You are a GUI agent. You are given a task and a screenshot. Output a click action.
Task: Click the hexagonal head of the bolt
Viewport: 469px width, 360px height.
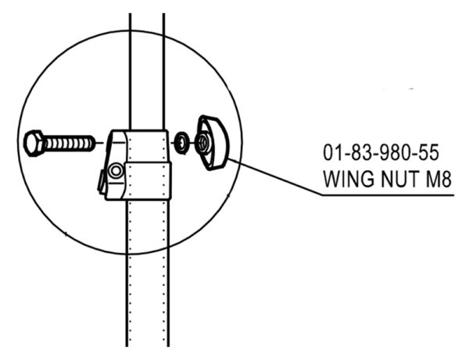pos(34,143)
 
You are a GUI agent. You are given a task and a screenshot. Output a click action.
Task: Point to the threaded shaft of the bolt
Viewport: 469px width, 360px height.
pos(69,143)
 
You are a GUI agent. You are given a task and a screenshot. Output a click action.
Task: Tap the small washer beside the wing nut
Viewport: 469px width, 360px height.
pos(181,143)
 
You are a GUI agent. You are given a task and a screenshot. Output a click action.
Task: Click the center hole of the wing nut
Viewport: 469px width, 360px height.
pos(203,141)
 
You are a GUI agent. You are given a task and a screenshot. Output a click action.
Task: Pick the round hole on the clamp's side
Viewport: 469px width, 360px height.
pos(116,171)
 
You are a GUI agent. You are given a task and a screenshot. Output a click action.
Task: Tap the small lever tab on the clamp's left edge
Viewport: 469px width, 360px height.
pos(102,181)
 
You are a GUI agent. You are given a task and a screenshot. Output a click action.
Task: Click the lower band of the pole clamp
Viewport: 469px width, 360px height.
pos(148,180)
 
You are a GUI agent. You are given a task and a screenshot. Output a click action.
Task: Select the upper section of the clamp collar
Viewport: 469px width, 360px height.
pos(147,146)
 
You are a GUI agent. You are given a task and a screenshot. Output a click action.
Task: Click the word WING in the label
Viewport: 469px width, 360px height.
pos(349,179)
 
